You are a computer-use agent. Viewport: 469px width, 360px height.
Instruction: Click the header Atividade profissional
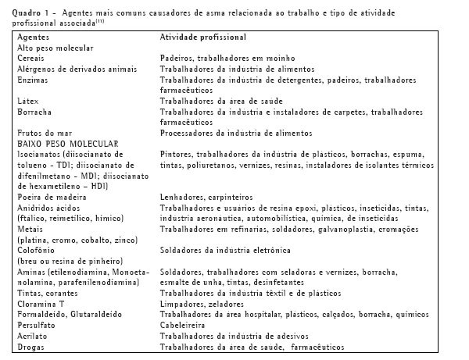202,37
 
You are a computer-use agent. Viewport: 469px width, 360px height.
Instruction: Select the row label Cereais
31,59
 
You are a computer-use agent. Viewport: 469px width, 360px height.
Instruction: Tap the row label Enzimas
32,80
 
